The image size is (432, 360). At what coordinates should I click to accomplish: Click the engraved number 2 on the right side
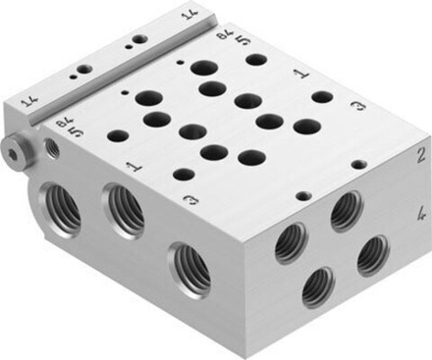(x=419, y=154)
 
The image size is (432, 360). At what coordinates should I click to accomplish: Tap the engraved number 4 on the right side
(x=420, y=210)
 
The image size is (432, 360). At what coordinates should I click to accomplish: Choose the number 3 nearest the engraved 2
(x=359, y=105)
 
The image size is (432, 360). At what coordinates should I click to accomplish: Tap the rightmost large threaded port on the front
(x=189, y=268)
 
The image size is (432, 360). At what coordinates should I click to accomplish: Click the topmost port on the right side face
(x=345, y=210)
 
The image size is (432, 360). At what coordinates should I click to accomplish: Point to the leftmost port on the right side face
(x=291, y=243)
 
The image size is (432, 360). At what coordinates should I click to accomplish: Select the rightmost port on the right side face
(x=372, y=254)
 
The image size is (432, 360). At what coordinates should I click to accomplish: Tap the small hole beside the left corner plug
(x=51, y=150)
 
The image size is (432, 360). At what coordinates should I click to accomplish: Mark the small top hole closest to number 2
(x=357, y=165)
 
